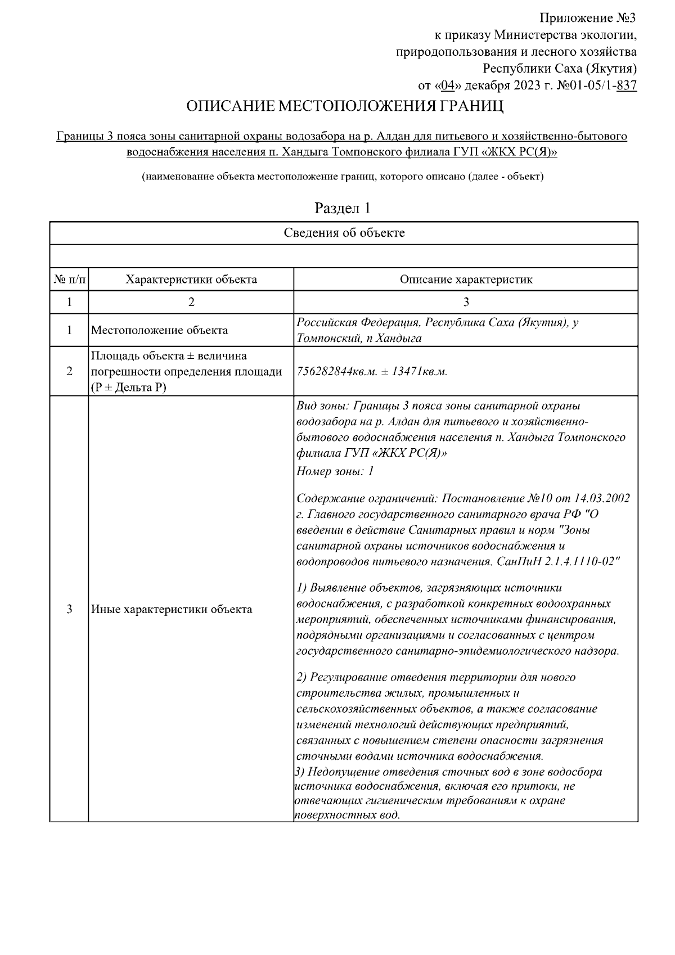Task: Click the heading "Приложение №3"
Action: (x=588, y=19)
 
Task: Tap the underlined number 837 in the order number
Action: (x=627, y=86)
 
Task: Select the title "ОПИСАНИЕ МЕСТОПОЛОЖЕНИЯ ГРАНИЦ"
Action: (x=344, y=106)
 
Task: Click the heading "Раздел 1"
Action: (x=343, y=208)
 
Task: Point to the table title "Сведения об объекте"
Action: (x=344, y=233)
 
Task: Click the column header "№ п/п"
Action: (x=69, y=280)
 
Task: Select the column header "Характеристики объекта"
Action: (x=191, y=280)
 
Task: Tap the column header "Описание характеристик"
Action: (x=466, y=280)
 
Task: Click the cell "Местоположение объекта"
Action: (x=160, y=330)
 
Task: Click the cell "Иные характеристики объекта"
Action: (x=172, y=609)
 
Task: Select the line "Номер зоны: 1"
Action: (x=335, y=471)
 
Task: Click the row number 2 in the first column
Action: (x=69, y=372)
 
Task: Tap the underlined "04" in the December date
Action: (x=447, y=86)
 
